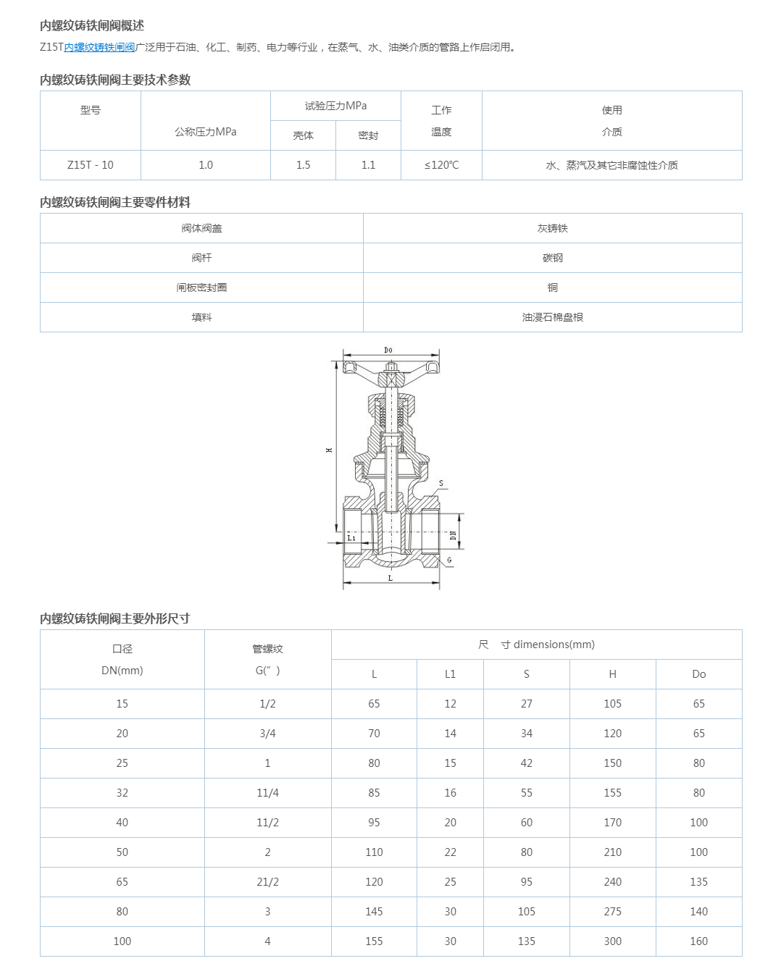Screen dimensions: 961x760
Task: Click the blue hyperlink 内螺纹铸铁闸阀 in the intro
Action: coord(99,48)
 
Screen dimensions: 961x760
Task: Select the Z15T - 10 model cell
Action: coord(91,165)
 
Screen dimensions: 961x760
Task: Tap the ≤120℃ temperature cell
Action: coord(441,165)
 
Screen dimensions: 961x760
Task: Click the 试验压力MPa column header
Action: coord(335,106)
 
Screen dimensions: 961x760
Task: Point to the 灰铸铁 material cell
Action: coord(552,228)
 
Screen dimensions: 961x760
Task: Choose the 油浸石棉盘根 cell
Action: coord(552,317)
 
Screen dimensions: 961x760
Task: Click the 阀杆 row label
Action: coord(201,258)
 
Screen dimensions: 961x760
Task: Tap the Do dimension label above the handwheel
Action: coord(388,351)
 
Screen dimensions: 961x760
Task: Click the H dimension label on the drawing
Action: coord(330,450)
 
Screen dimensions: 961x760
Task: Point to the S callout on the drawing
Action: coord(441,483)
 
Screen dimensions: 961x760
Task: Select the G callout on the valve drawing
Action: coord(449,560)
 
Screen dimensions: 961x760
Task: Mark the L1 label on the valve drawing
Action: coord(351,538)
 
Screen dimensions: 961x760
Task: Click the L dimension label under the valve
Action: coord(391,579)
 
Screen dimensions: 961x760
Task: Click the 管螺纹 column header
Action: coord(267,649)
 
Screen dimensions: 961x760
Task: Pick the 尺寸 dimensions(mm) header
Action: coord(536,645)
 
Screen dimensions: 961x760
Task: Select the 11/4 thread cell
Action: coord(267,793)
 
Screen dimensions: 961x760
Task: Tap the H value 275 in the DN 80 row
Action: coord(612,912)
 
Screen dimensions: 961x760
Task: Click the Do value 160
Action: coord(698,941)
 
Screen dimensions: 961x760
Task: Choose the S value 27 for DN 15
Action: coord(526,704)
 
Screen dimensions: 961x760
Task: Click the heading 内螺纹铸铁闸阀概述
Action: coord(92,26)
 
